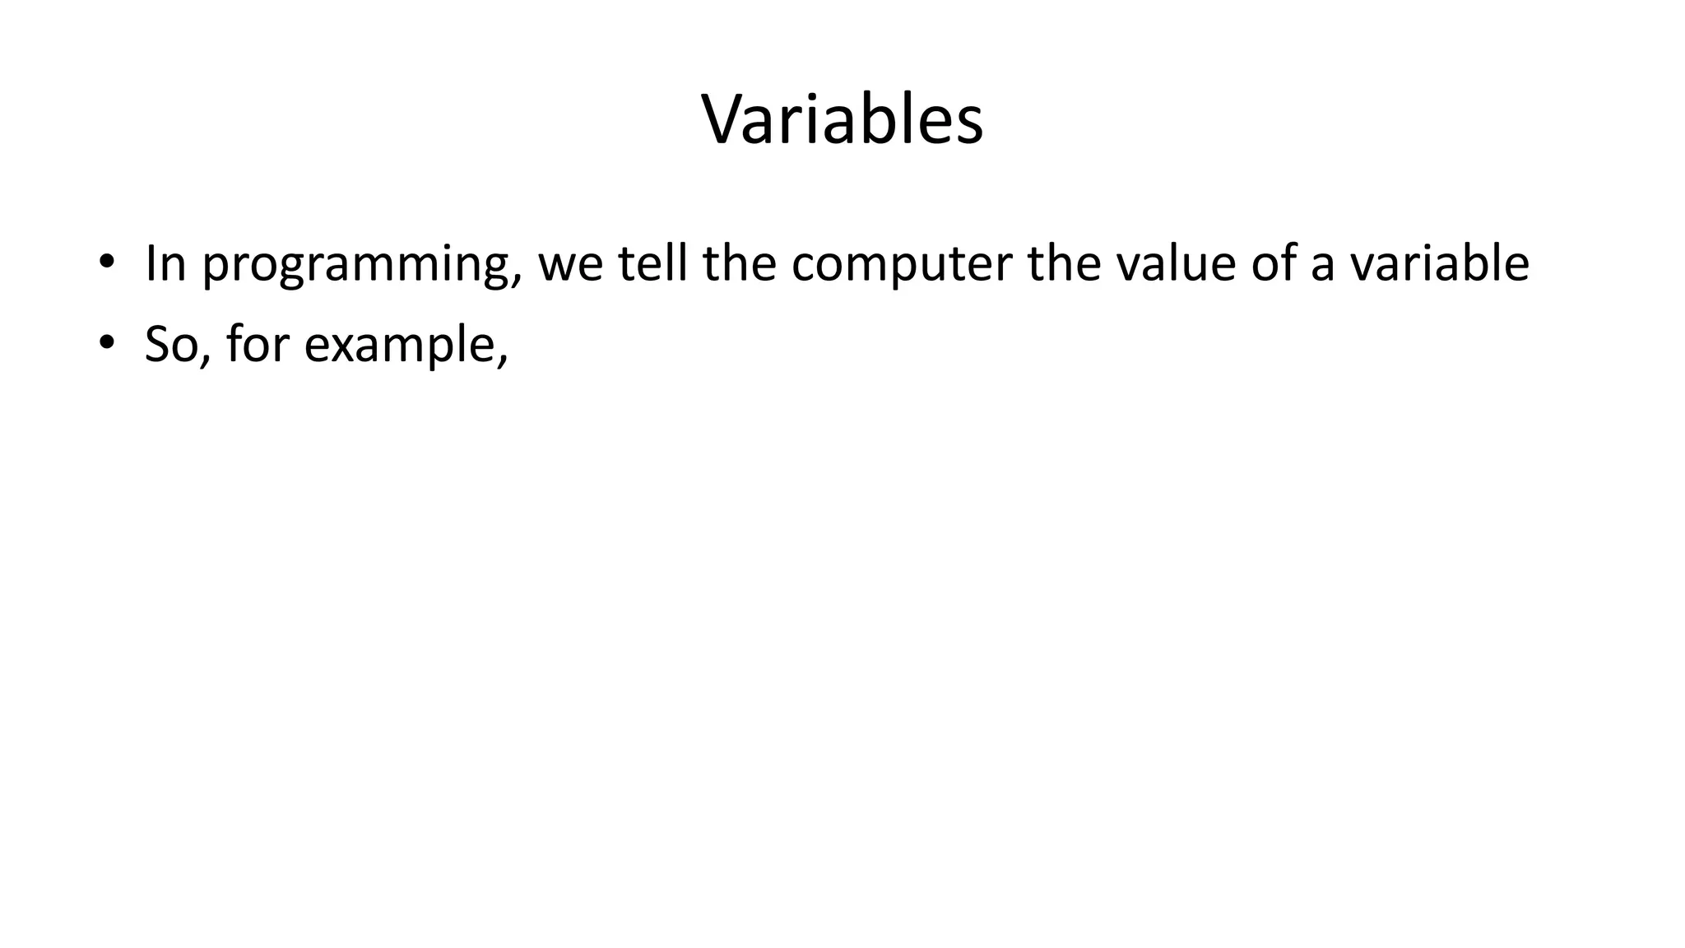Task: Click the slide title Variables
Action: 842,120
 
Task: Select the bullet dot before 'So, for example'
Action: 105,343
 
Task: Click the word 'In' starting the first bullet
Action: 165,263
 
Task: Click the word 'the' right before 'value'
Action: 1064,263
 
